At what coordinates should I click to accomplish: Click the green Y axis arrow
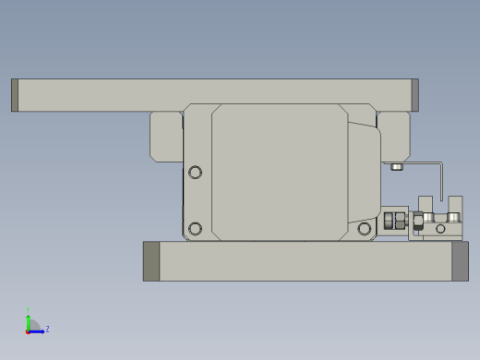[x=28, y=320]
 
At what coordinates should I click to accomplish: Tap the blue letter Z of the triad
[x=47, y=329]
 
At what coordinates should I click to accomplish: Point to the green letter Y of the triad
[x=28, y=310]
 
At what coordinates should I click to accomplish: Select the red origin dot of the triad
[x=28, y=330]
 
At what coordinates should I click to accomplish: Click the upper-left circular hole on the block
[x=195, y=172]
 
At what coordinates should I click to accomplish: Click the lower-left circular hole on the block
[x=195, y=228]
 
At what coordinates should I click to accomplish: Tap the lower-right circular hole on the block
[x=365, y=228]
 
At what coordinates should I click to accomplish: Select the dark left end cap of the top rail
[x=15, y=95]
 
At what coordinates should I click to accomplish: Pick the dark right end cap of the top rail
[x=414, y=95]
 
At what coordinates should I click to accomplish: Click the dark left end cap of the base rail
[x=151, y=261]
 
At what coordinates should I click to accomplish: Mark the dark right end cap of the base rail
[x=460, y=261]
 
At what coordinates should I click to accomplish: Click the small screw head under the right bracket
[x=397, y=167]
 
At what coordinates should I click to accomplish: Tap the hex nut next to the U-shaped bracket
[x=418, y=221]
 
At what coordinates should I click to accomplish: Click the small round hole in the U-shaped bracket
[x=440, y=228]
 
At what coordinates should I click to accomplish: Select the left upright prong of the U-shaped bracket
[x=426, y=205]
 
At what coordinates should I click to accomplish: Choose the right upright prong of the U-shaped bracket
[x=455, y=205]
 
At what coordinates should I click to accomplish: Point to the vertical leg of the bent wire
[x=442, y=182]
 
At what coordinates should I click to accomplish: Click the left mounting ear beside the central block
[x=166, y=137]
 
